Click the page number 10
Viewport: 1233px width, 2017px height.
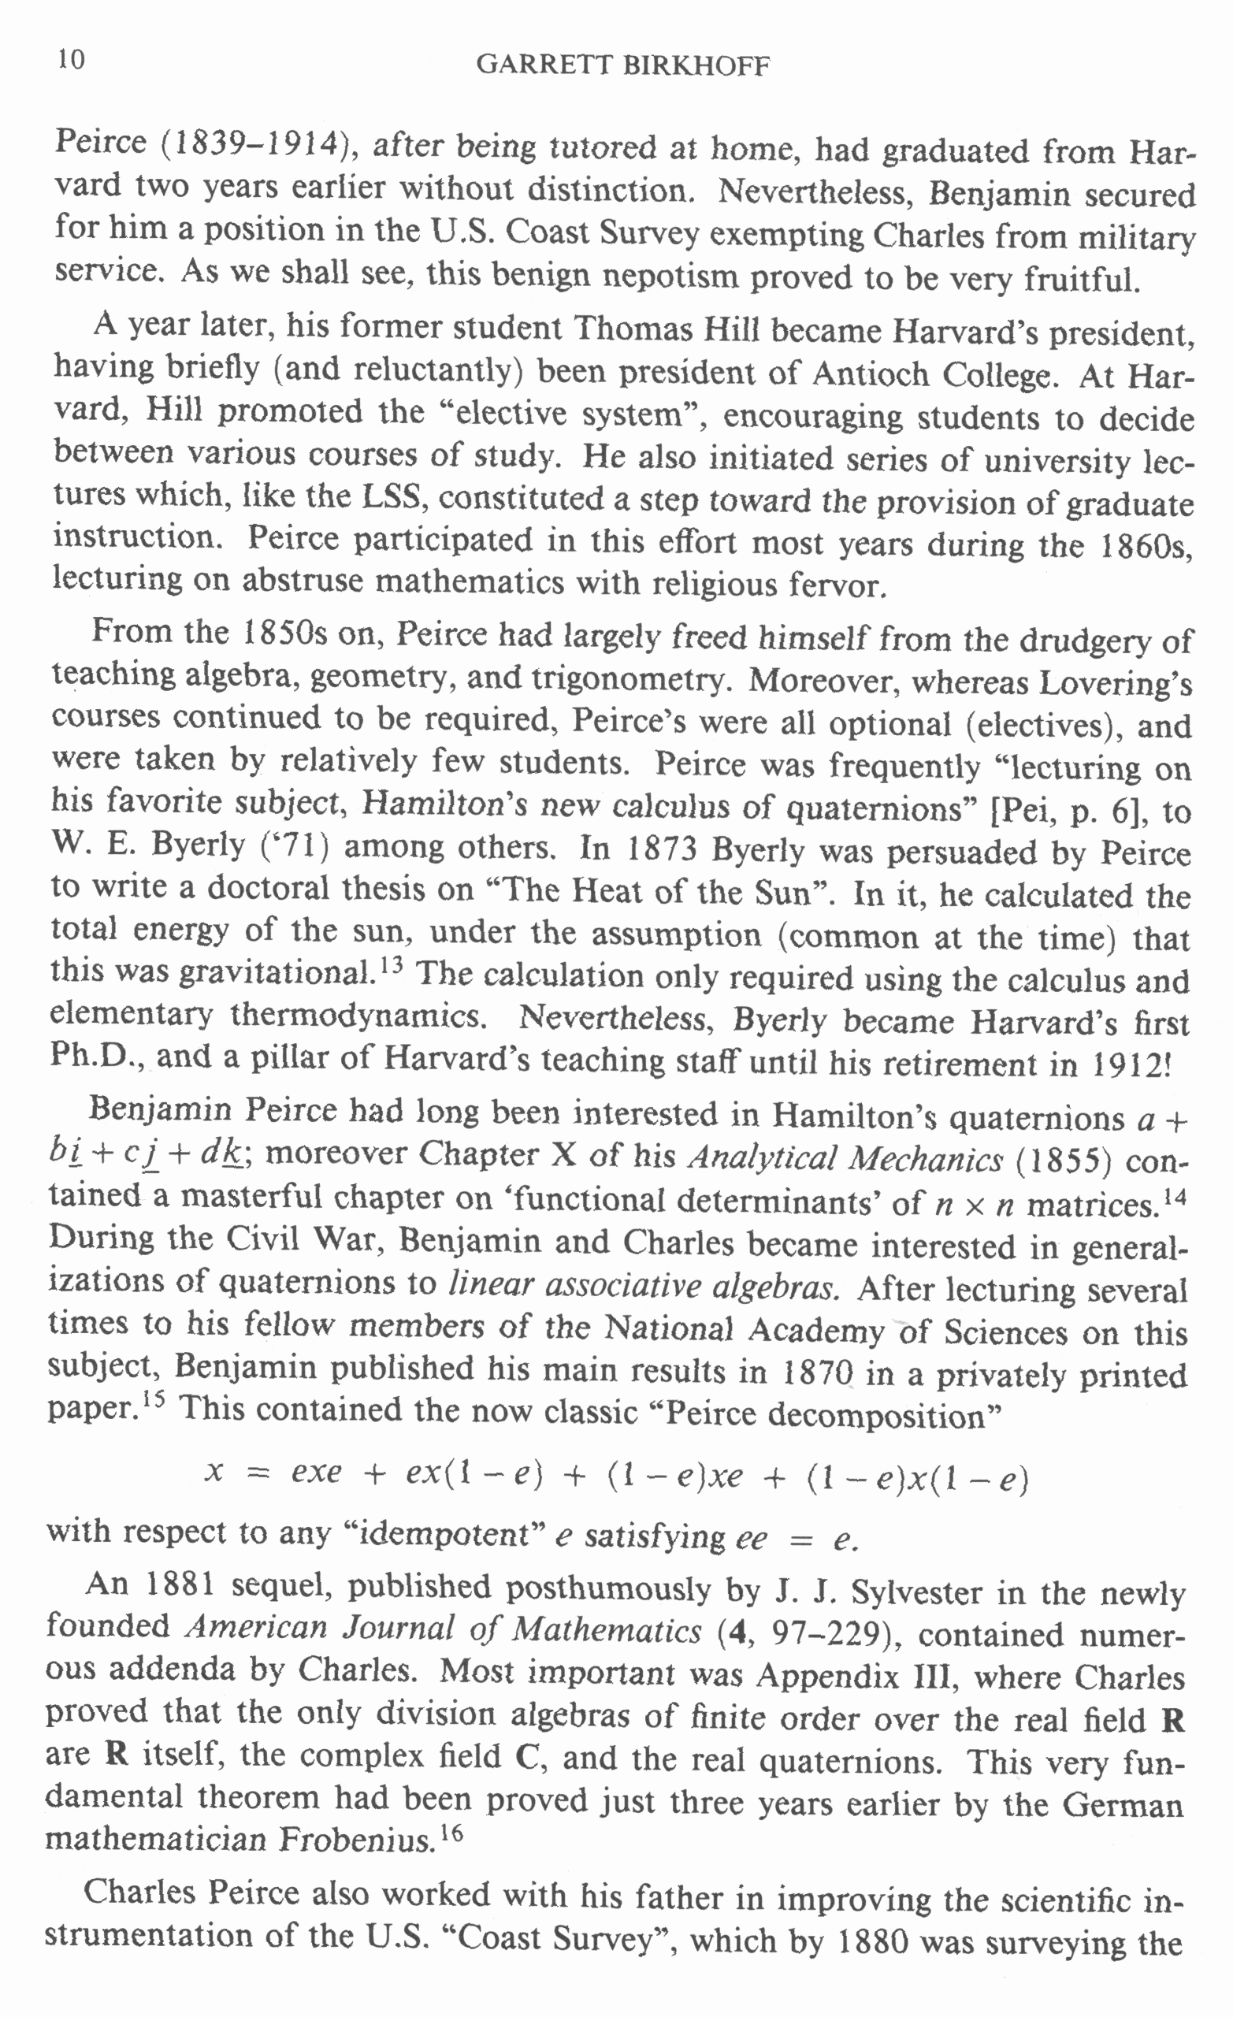pos(71,60)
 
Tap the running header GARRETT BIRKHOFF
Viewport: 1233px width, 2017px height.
pos(623,65)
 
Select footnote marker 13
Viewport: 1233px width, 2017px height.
pos(392,964)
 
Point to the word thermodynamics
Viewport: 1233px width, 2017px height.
pos(358,1016)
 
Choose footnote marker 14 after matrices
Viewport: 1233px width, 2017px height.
pos(1175,1196)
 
